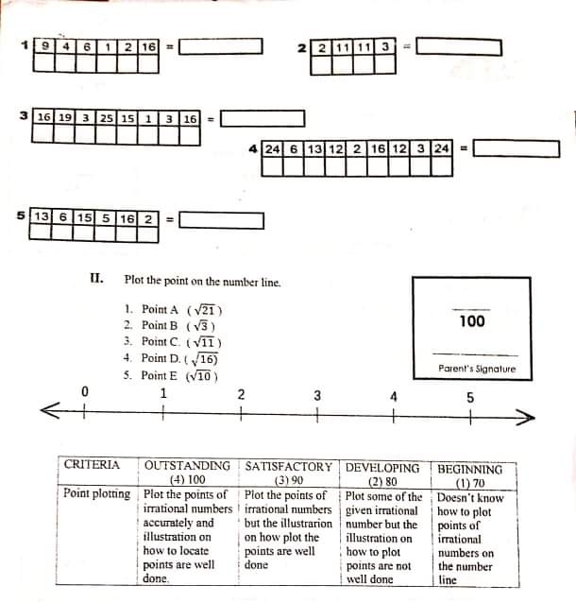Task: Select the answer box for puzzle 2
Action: tap(458, 46)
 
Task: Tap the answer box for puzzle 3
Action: tap(263, 119)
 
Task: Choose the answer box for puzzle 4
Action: tap(517, 148)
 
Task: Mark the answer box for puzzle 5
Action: tap(220, 219)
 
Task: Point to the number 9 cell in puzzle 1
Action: tap(45, 46)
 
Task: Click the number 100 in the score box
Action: tap(471, 321)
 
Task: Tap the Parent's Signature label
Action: tap(477, 369)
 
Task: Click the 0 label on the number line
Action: tap(84, 391)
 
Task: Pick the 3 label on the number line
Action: tap(317, 395)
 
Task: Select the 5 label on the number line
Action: tap(470, 397)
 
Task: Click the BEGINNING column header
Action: tap(470, 469)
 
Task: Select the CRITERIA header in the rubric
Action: tap(92, 464)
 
